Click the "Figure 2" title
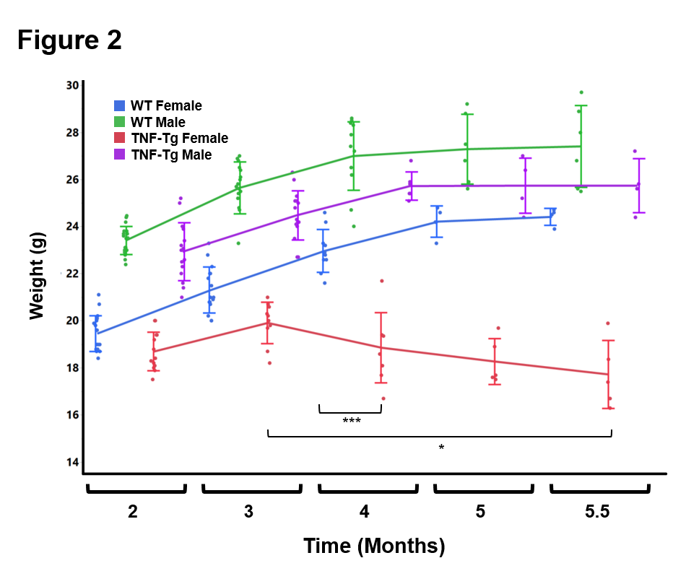coord(70,40)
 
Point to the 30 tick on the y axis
coord(72,85)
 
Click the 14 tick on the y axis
coord(72,462)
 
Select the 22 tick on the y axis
coord(72,274)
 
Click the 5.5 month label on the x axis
coord(597,513)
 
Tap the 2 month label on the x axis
coord(133,513)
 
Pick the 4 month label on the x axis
coord(365,513)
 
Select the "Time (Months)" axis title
coord(373,546)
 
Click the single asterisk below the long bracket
coord(441,448)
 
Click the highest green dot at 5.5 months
coord(581,92)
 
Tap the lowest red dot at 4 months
coord(383,398)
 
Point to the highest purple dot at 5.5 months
coord(635,152)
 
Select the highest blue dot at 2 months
coord(99,295)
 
